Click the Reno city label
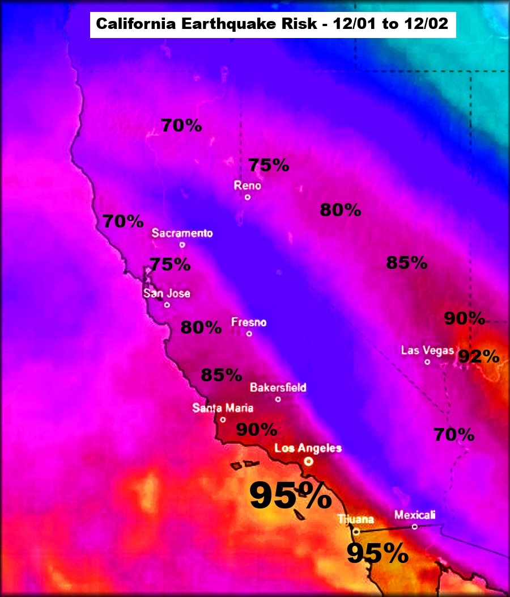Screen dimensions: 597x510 [x=248, y=186]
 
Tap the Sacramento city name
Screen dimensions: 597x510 [x=182, y=233]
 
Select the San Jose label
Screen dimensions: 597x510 [x=167, y=293]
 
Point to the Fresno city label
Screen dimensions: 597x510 [x=249, y=322]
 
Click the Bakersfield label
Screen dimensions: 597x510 [x=278, y=388]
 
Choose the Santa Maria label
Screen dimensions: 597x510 [x=223, y=407]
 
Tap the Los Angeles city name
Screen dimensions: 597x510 [x=308, y=448]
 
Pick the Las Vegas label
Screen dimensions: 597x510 [x=427, y=350]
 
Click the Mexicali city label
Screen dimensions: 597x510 [x=415, y=515]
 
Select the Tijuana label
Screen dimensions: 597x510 [x=355, y=519]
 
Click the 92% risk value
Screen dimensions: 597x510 [x=479, y=356]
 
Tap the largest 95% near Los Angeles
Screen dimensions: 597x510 [x=291, y=495]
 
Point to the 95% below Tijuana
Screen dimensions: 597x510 [x=377, y=553]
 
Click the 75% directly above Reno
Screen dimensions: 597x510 [x=269, y=165]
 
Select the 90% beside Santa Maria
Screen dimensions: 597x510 [x=256, y=430]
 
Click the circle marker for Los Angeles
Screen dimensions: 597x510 [x=308, y=462]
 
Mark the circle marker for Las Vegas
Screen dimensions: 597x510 [x=427, y=361]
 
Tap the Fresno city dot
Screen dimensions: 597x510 [x=249, y=334]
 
